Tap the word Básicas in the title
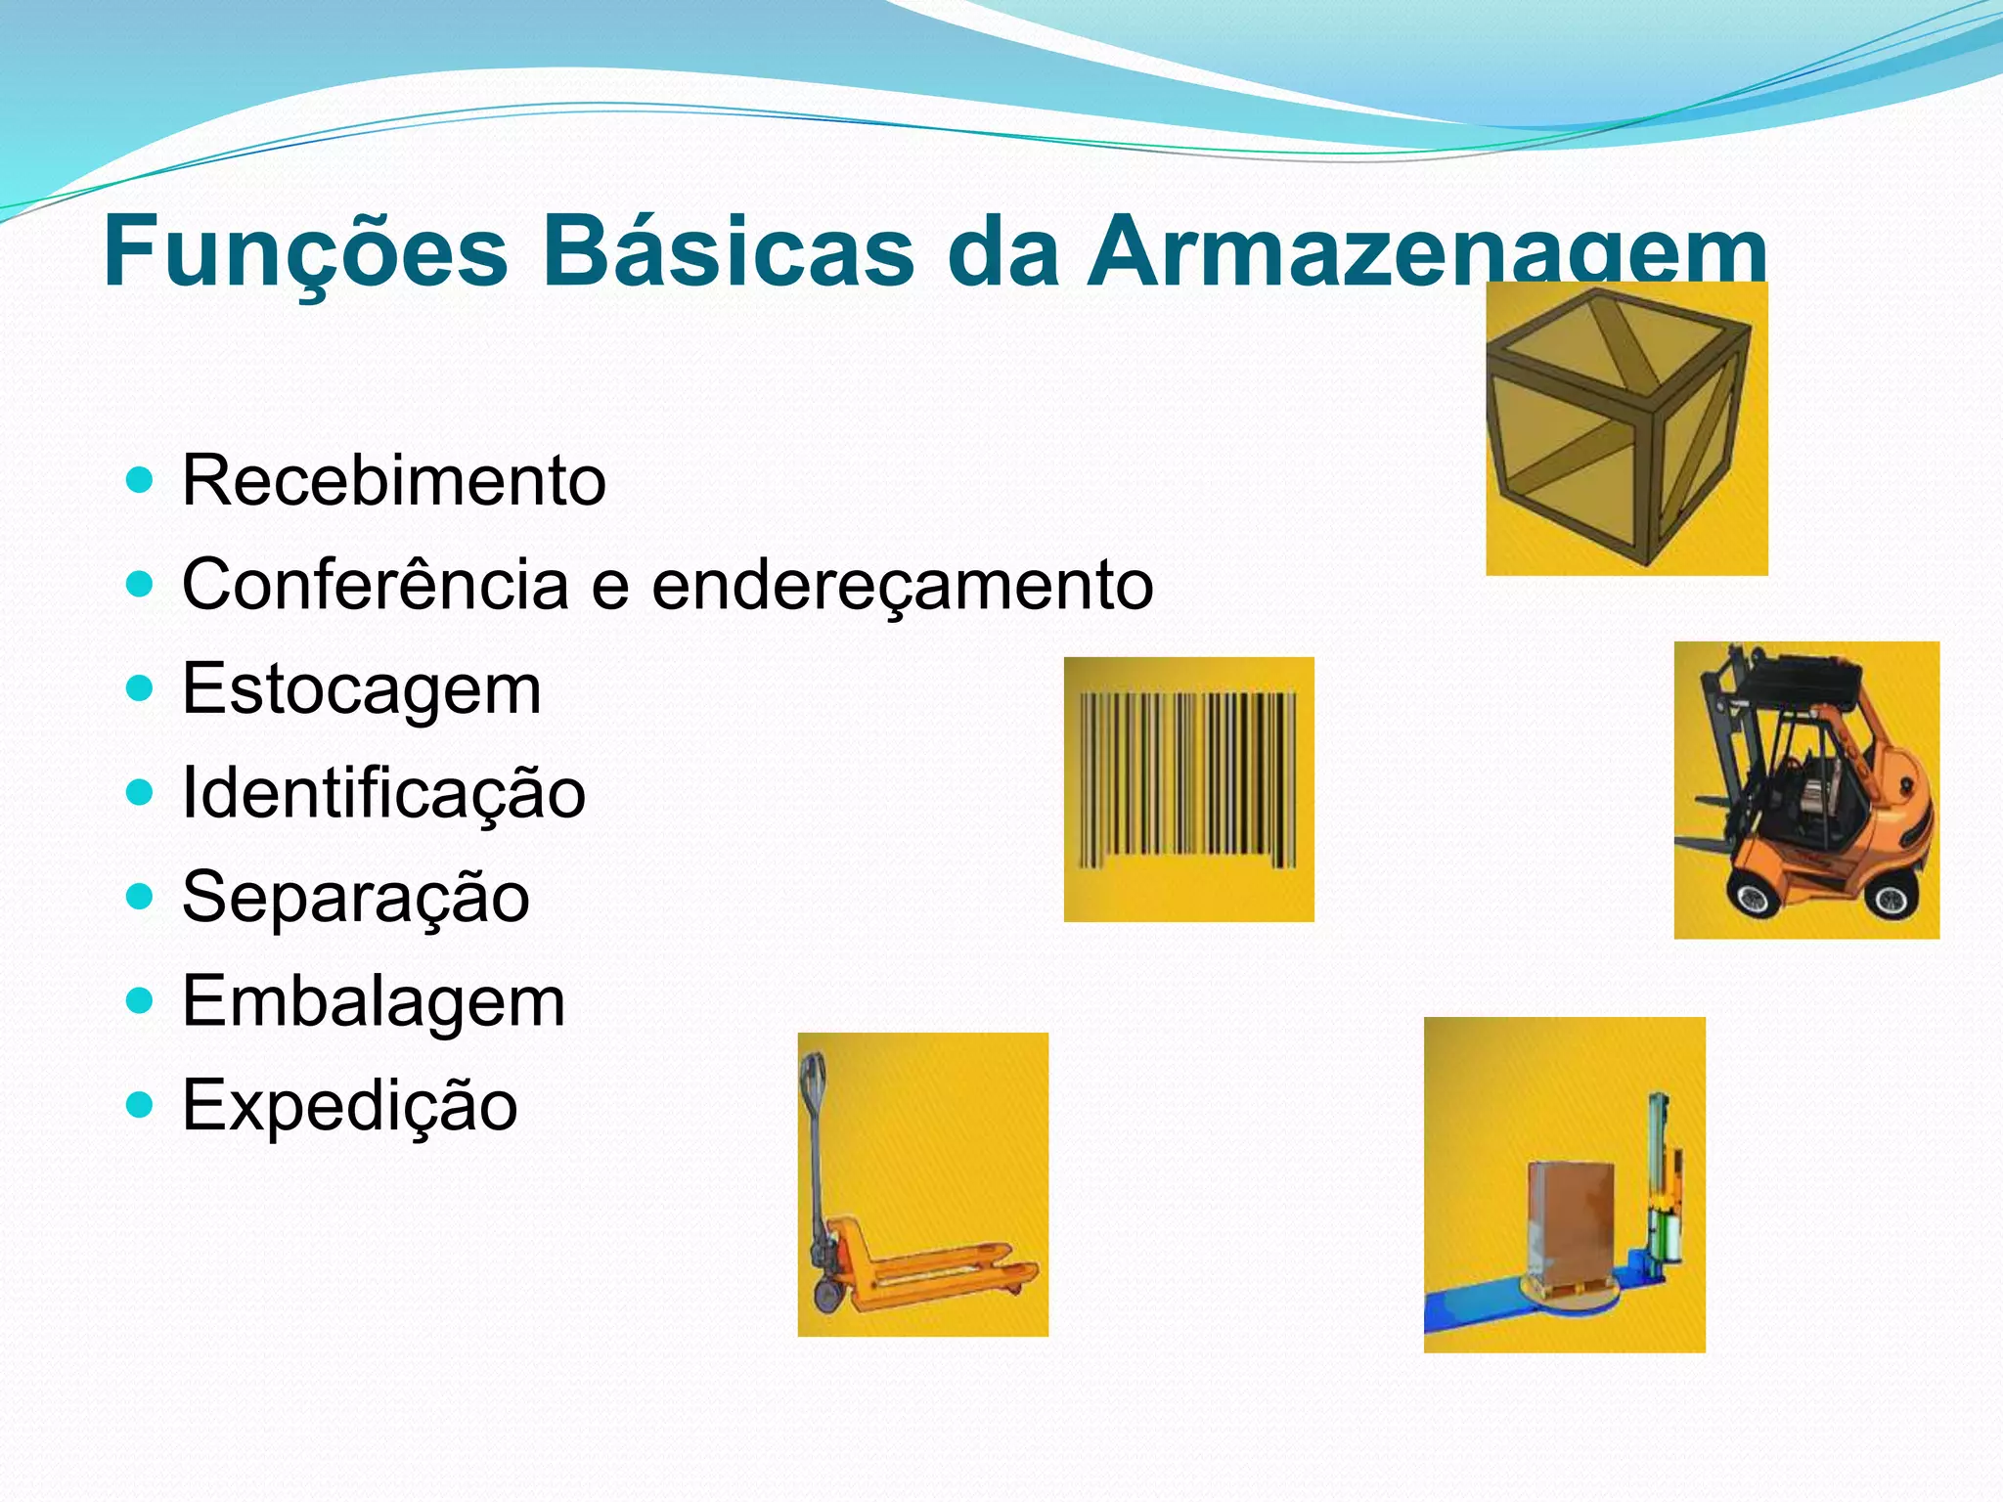[728, 252]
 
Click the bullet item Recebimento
[393, 481]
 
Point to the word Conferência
[375, 585]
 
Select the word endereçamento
[902, 585]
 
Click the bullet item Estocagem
[361, 689]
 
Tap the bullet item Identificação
[383, 793]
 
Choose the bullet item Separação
[355, 897]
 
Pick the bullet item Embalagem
[374, 1001]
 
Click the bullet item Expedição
[349, 1105]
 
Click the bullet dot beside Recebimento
[141, 480]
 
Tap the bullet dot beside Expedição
[141, 1105]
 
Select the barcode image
[1187, 780]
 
